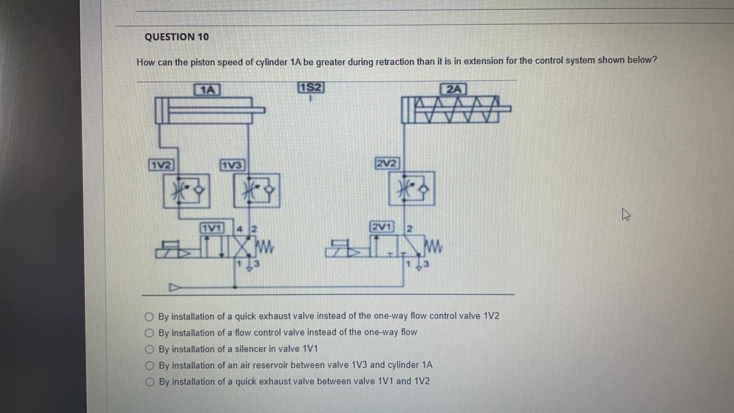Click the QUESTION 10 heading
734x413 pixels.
[x=177, y=37]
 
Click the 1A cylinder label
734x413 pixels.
[x=208, y=89]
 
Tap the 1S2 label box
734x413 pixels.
[x=311, y=88]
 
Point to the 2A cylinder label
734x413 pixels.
[x=454, y=89]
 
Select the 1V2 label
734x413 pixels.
[x=161, y=165]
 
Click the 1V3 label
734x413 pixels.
[x=232, y=165]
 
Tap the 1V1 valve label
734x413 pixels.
[x=212, y=227]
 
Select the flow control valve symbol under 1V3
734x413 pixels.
[x=256, y=190]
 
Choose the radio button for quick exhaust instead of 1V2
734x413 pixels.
[x=150, y=316]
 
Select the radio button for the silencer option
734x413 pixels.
[x=150, y=349]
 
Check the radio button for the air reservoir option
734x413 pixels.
[x=150, y=365]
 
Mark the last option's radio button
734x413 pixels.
[x=150, y=381]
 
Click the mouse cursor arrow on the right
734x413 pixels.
[x=626, y=216]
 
